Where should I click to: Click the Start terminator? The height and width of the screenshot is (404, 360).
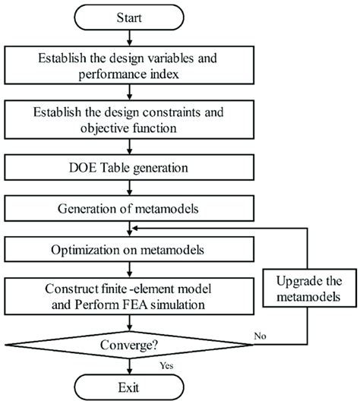tap(129, 17)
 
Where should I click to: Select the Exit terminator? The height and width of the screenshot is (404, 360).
tap(129, 387)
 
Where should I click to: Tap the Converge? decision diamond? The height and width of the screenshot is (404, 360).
tap(129, 345)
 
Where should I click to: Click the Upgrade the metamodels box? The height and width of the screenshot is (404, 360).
tap(309, 288)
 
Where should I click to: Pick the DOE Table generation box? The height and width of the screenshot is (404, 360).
tap(129, 168)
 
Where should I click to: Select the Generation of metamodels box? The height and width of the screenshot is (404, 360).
tap(129, 208)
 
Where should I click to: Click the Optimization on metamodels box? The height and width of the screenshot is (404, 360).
tap(129, 249)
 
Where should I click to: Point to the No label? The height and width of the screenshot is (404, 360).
tap(260, 336)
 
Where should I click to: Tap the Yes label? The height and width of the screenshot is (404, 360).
tap(166, 365)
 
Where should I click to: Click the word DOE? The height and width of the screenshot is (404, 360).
tap(83, 168)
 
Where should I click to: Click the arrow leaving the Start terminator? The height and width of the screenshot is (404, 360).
tap(130, 38)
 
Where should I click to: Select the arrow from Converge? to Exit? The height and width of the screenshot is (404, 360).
tap(130, 366)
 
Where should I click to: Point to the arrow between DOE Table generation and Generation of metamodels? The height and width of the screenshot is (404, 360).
tap(130, 188)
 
